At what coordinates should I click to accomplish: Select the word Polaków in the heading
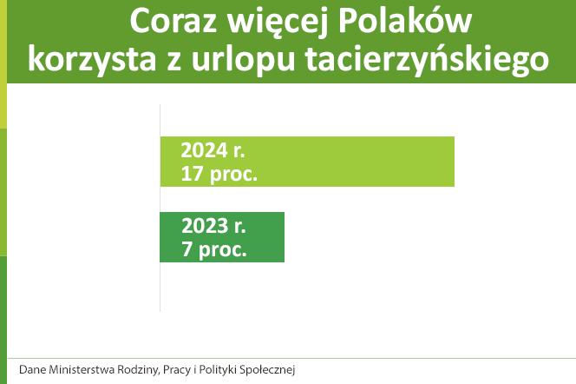[409, 22]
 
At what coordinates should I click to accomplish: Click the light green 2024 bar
[364, 162]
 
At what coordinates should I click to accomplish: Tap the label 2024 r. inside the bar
[213, 150]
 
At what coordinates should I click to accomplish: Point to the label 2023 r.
[213, 226]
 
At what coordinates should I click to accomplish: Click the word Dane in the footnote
[32, 369]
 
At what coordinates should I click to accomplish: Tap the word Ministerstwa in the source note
[83, 369]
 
